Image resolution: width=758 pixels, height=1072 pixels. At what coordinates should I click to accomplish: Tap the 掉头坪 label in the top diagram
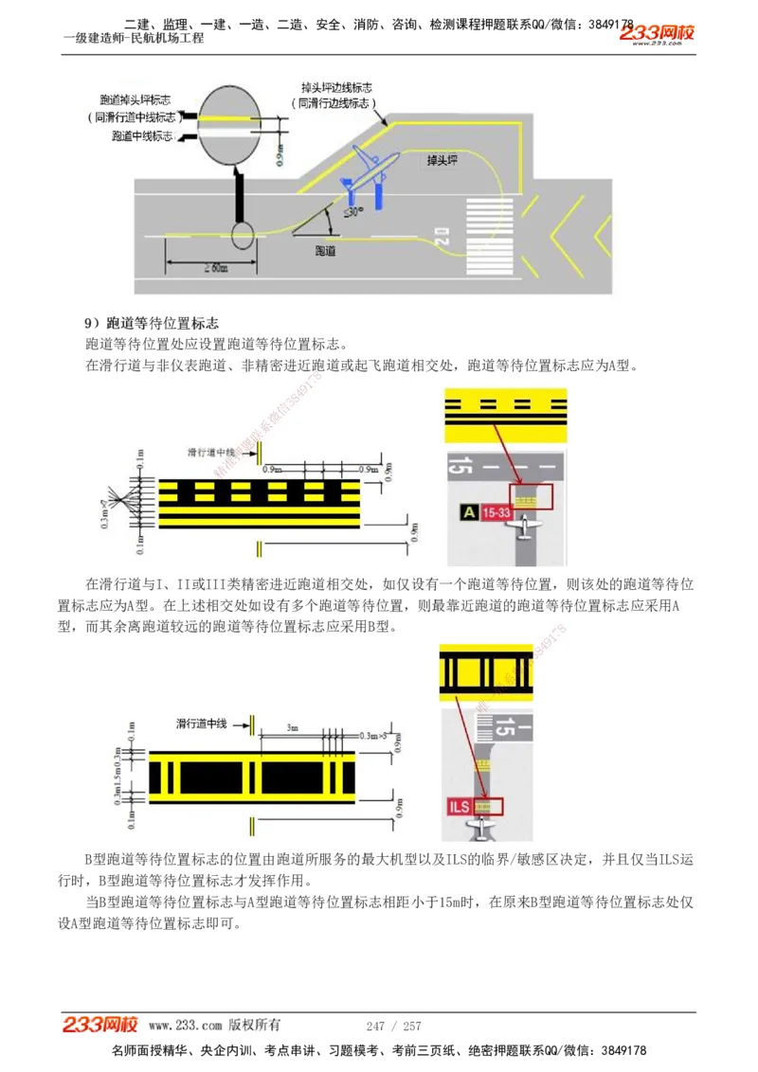pos(442,161)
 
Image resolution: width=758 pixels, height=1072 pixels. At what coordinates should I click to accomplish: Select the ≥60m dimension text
pos(214,268)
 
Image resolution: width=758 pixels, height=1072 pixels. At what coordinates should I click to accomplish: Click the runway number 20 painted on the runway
pos(442,237)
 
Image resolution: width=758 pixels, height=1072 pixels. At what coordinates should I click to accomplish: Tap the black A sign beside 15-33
pos(468,512)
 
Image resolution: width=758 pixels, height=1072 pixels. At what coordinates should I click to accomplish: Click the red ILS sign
pos(460,807)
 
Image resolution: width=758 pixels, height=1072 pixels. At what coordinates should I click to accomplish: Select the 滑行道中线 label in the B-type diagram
pos(201,724)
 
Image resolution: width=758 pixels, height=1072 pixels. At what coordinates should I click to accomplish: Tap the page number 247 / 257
pos(393,1026)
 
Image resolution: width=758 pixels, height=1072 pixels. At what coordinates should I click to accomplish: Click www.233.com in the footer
pos(186,1026)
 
